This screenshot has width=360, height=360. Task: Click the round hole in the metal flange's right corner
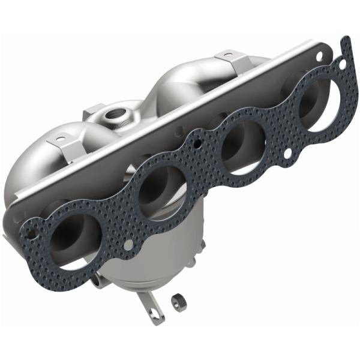pyautogui.click(x=317, y=56)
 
